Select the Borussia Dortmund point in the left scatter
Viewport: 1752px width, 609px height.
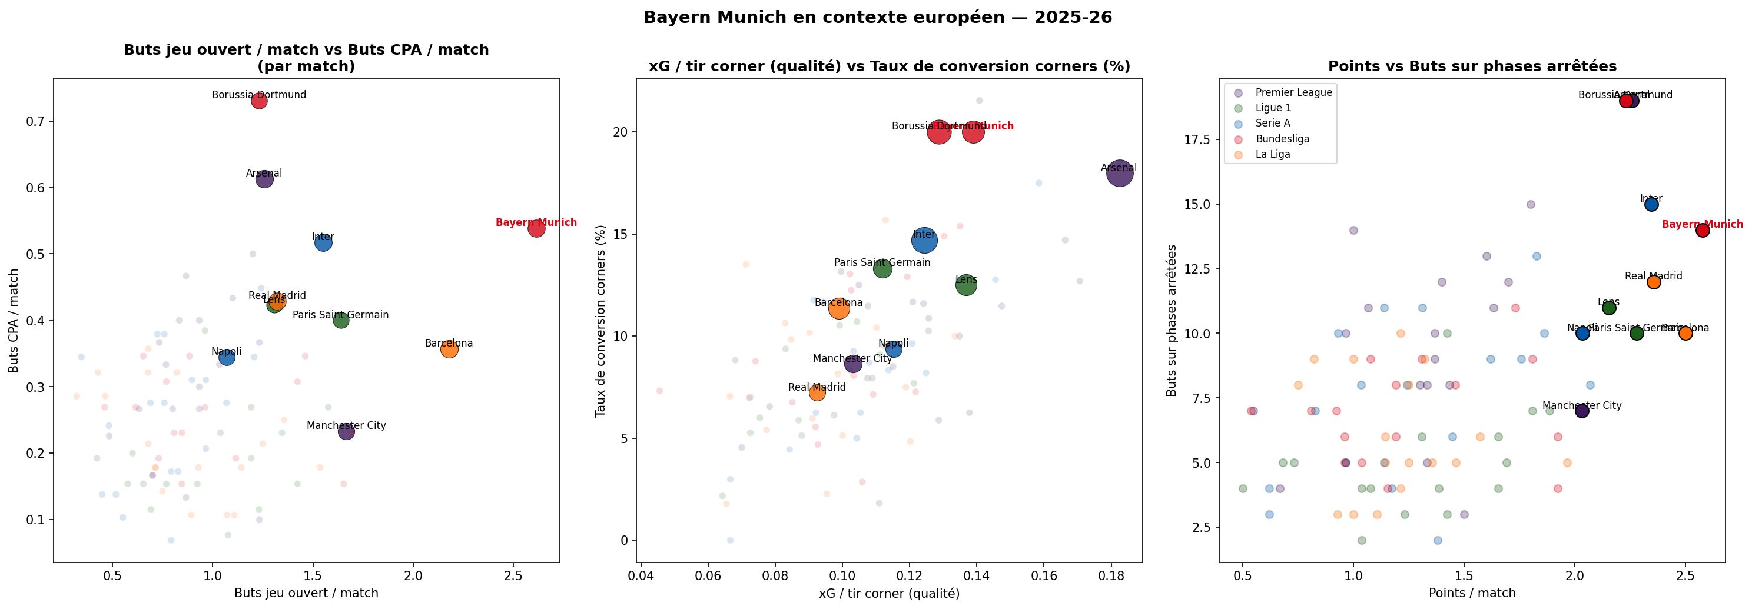click(259, 101)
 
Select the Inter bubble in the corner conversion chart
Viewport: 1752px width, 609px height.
click(924, 240)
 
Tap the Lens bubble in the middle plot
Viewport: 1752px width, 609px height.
click(965, 285)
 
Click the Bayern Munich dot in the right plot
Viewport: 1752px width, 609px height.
click(1703, 231)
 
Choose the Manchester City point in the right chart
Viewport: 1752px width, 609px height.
click(1582, 411)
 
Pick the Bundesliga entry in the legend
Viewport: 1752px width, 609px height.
click(1282, 139)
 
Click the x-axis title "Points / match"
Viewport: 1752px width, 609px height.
click(1472, 593)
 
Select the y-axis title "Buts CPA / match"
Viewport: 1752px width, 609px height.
click(14, 321)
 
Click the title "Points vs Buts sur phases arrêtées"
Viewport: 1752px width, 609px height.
click(1472, 66)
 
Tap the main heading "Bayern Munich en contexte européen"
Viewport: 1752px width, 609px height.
click(877, 18)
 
